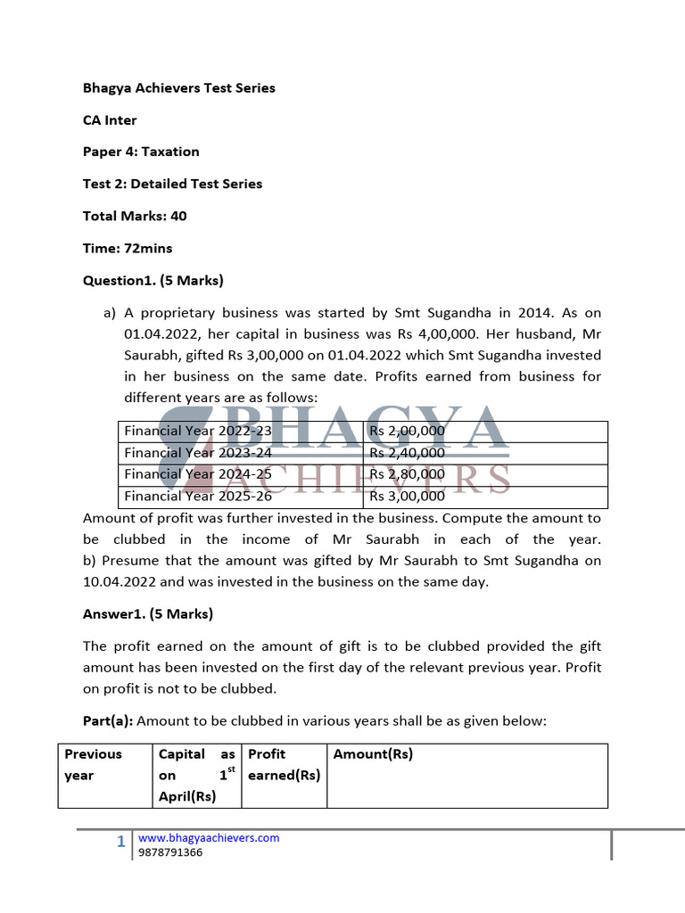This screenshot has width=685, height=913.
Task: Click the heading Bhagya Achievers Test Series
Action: coord(178,88)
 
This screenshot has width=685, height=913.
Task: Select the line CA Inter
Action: coord(110,120)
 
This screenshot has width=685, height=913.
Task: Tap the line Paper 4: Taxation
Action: coord(141,152)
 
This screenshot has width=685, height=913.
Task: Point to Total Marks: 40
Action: coord(135,216)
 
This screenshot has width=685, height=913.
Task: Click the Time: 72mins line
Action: coord(128,248)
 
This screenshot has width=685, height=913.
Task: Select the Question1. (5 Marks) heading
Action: coord(153,280)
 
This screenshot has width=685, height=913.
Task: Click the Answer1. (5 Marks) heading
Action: coord(147,613)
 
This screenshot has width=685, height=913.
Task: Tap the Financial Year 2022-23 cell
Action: coord(198,432)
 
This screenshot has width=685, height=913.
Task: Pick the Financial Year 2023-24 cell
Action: coord(198,453)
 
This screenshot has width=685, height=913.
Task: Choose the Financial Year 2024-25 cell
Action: coord(198,474)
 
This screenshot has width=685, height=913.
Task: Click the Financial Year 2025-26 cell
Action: coord(198,496)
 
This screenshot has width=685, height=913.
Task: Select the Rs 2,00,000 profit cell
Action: coord(407,432)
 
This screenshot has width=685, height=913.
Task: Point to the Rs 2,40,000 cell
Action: coord(407,453)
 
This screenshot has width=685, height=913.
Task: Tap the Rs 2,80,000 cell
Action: coord(407,474)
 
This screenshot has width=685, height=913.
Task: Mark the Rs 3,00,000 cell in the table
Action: coord(407,496)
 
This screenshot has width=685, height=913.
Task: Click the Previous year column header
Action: coord(93,764)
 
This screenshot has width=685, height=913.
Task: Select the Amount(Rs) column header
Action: coord(373,754)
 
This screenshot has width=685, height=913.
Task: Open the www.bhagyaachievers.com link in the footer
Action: coord(209,838)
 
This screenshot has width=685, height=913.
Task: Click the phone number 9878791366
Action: coord(170,852)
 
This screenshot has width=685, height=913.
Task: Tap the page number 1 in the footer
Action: coord(121,842)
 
